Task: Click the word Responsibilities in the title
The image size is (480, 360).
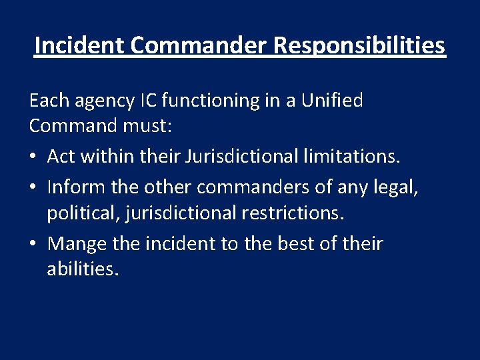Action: click(x=359, y=45)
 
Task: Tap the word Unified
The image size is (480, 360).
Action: click(x=331, y=101)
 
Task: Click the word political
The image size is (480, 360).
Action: click(x=78, y=213)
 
